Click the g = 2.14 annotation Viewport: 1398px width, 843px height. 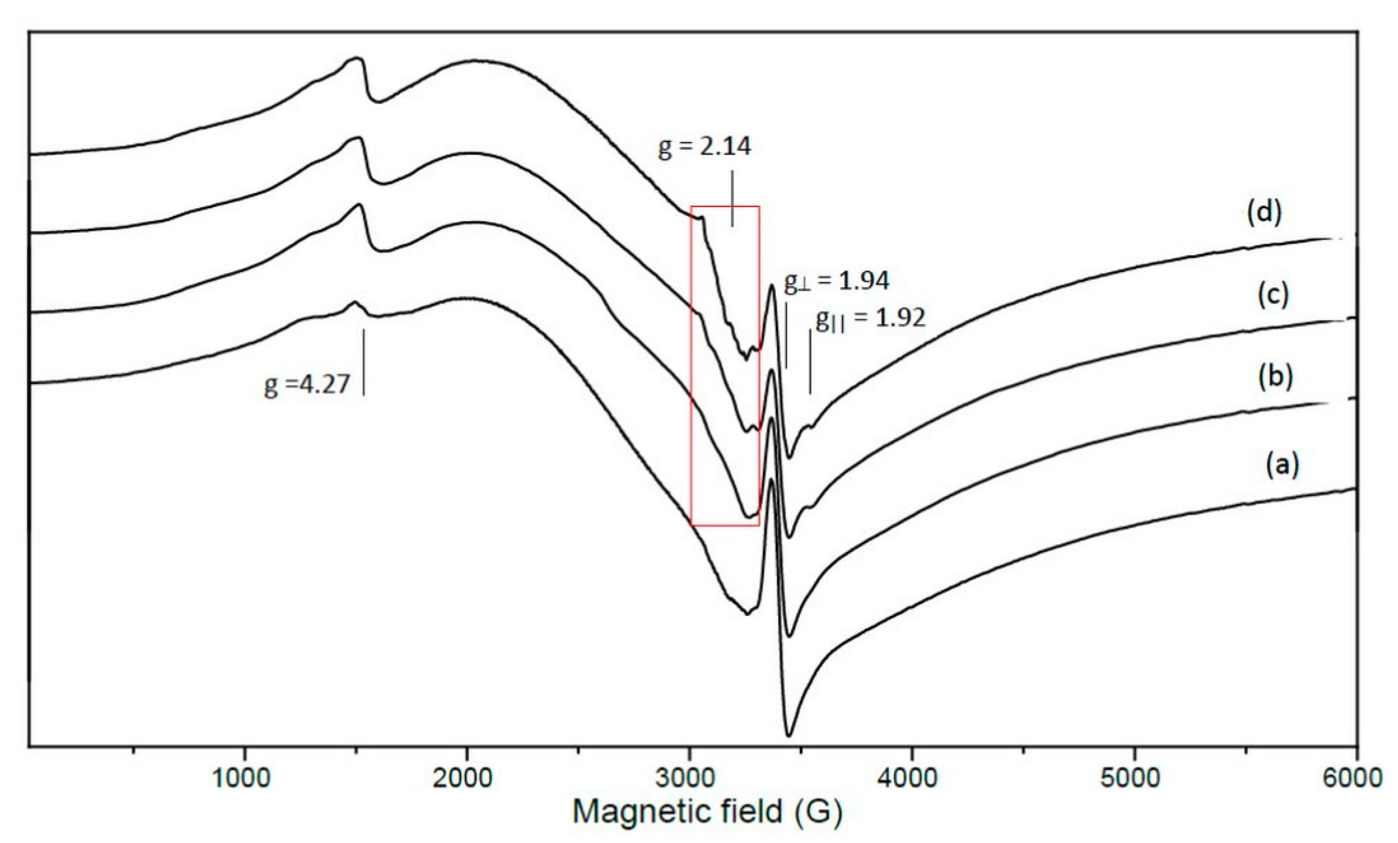pos(704,147)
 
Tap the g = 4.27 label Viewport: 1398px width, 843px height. pos(307,385)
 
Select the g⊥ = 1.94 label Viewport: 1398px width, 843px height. pos(836,281)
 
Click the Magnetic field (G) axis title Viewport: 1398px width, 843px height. pos(707,812)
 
